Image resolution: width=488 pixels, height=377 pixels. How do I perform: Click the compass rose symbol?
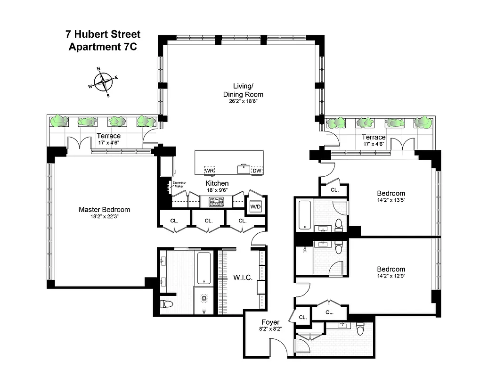pyautogui.click(x=103, y=82)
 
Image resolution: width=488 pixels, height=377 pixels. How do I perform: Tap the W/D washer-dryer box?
pyautogui.click(x=255, y=206)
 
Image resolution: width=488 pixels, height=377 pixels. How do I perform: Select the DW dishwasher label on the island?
pyautogui.click(x=257, y=171)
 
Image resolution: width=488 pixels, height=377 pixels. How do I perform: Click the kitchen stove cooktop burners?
pyautogui.click(x=216, y=202)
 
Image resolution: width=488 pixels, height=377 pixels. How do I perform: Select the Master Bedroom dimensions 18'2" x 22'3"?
pyautogui.click(x=104, y=217)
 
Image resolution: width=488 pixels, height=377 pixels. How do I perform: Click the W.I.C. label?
pyautogui.click(x=243, y=278)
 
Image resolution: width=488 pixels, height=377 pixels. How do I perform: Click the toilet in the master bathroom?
pyautogui.click(x=167, y=303)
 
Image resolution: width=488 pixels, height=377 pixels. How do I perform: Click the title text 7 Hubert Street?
pyautogui.click(x=103, y=35)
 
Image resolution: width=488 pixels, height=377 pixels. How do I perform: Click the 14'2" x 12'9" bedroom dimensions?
pyautogui.click(x=391, y=277)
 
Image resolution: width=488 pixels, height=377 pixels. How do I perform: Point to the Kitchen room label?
pyautogui.click(x=217, y=183)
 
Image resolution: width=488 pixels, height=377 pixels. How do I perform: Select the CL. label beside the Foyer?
pyautogui.click(x=302, y=317)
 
